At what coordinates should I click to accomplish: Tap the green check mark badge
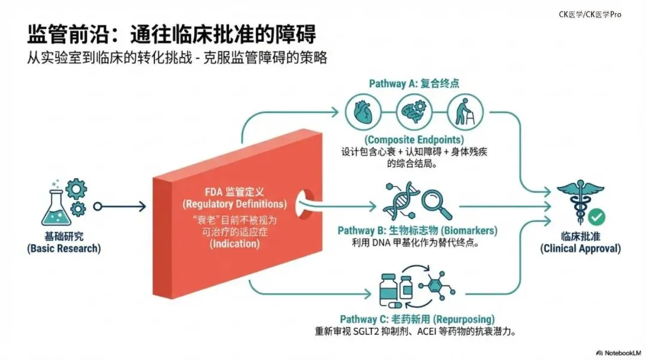pos(596,216)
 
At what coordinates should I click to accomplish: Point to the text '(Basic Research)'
pos(63,248)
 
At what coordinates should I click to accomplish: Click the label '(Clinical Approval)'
pos(580,248)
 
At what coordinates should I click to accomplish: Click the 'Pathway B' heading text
pos(362,231)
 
